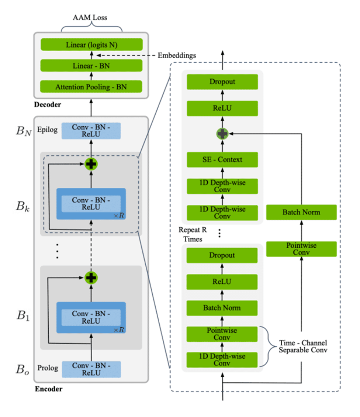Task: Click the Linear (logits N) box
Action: [91, 45]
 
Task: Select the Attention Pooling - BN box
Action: [91, 87]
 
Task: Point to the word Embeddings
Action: [176, 55]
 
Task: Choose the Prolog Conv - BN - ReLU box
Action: [91, 369]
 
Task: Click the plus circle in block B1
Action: [91, 278]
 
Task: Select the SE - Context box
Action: [222, 159]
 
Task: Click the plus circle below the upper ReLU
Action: [222, 134]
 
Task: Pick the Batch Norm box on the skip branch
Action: [301, 212]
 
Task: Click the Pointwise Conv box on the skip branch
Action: [301, 249]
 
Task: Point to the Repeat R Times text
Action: [192, 234]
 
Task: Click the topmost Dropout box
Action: [222, 82]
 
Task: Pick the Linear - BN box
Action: [91, 66]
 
